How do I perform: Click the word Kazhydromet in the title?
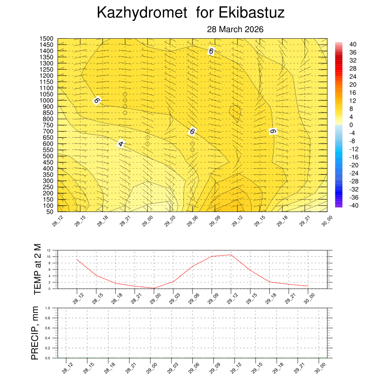point(142,13)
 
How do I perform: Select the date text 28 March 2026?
point(235,29)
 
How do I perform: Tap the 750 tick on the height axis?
point(48,125)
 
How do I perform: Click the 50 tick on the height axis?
point(50,212)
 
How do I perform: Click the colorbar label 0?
point(351,125)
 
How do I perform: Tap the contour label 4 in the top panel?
point(121,144)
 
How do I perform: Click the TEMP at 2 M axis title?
point(37,269)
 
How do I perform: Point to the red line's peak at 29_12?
point(231,255)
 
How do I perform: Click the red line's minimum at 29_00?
point(154,288)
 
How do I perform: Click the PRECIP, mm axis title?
point(35,333)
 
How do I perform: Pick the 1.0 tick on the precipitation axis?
point(48,308)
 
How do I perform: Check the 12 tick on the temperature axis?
point(49,250)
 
